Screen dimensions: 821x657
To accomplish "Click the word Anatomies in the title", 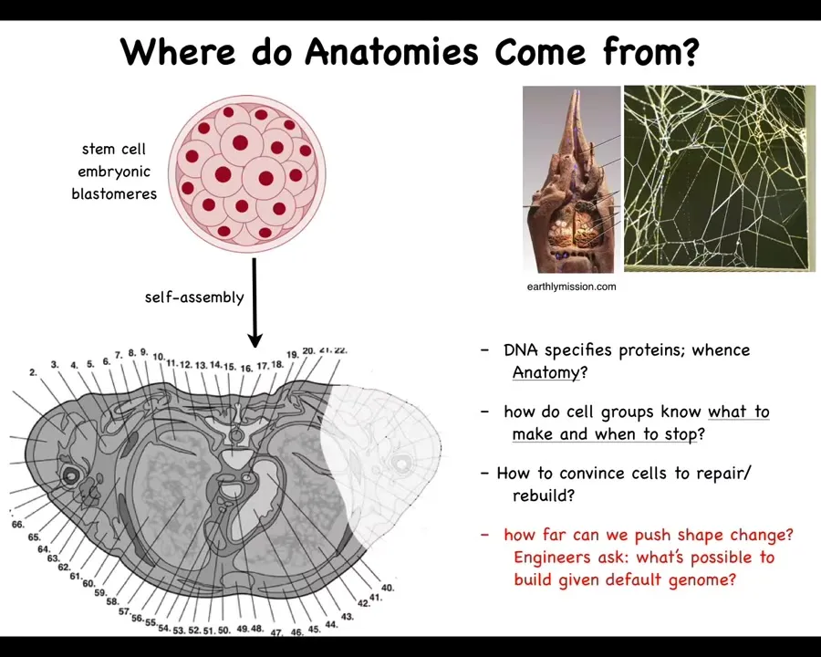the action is (391, 51).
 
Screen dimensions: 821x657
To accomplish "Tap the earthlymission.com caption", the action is (571, 287).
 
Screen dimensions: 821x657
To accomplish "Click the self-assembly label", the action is (194, 297).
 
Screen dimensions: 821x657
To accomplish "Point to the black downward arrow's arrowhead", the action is (255, 339).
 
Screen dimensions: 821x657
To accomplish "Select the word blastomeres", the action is (114, 193).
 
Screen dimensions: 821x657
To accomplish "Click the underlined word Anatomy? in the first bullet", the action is (550, 372).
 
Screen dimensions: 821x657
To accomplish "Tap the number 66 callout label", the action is (18, 525).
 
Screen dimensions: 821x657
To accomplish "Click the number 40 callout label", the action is (388, 588).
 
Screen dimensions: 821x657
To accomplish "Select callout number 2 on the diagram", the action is (34, 372).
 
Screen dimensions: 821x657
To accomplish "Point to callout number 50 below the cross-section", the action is (223, 630).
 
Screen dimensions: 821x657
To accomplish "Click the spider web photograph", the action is (720, 179).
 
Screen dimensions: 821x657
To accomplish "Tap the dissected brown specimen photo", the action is (572, 179).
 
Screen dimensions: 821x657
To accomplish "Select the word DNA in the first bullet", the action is (522, 349).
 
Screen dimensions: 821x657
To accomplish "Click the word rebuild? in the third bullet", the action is (544, 495).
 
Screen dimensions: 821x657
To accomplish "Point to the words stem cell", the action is (114, 149).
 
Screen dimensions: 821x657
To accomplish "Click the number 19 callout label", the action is (293, 355).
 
